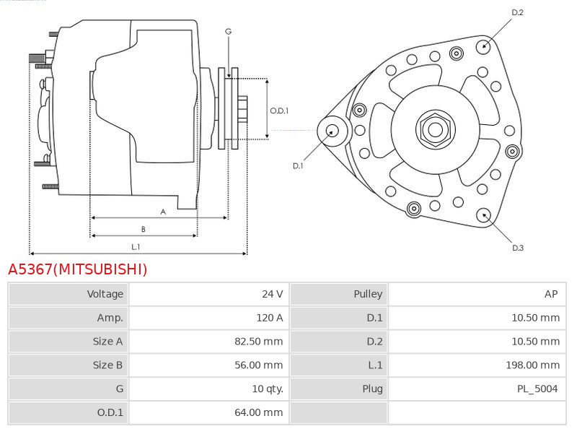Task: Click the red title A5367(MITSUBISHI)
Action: click(x=77, y=269)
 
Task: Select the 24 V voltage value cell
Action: click(x=272, y=294)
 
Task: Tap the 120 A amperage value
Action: click(x=269, y=318)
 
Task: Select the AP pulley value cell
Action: click(x=551, y=294)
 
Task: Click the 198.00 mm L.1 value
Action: click(x=532, y=365)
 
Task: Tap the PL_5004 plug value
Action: click(x=537, y=389)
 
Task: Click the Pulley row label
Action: click(x=368, y=294)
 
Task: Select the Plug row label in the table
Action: click(x=372, y=389)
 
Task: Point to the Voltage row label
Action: click(x=105, y=294)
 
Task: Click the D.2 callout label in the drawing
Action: click(x=517, y=12)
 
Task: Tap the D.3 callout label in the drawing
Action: click(x=517, y=248)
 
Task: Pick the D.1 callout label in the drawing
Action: click(x=298, y=166)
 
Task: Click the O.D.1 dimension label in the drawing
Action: click(x=279, y=110)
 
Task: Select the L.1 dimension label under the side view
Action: click(x=135, y=247)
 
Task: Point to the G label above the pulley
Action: click(x=228, y=32)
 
